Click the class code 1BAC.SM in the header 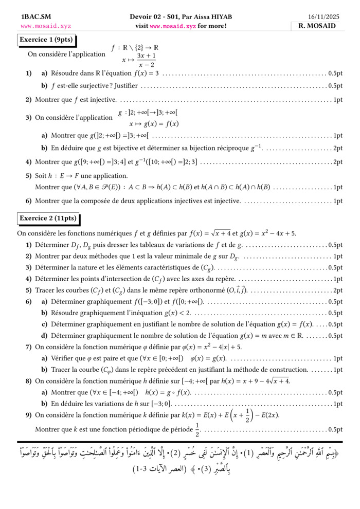pyautogui.click(x=33, y=17)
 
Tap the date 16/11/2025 pyautogui.click(x=322, y=17)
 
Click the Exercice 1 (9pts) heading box pyautogui.click(x=46, y=40)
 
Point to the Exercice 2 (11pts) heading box pyautogui.click(x=48, y=219)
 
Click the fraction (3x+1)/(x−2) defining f pyautogui.click(x=146, y=60)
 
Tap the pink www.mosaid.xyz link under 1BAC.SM pyautogui.click(x=46, y=26)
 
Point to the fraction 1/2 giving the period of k pyautogui.click(x=197, y=429)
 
